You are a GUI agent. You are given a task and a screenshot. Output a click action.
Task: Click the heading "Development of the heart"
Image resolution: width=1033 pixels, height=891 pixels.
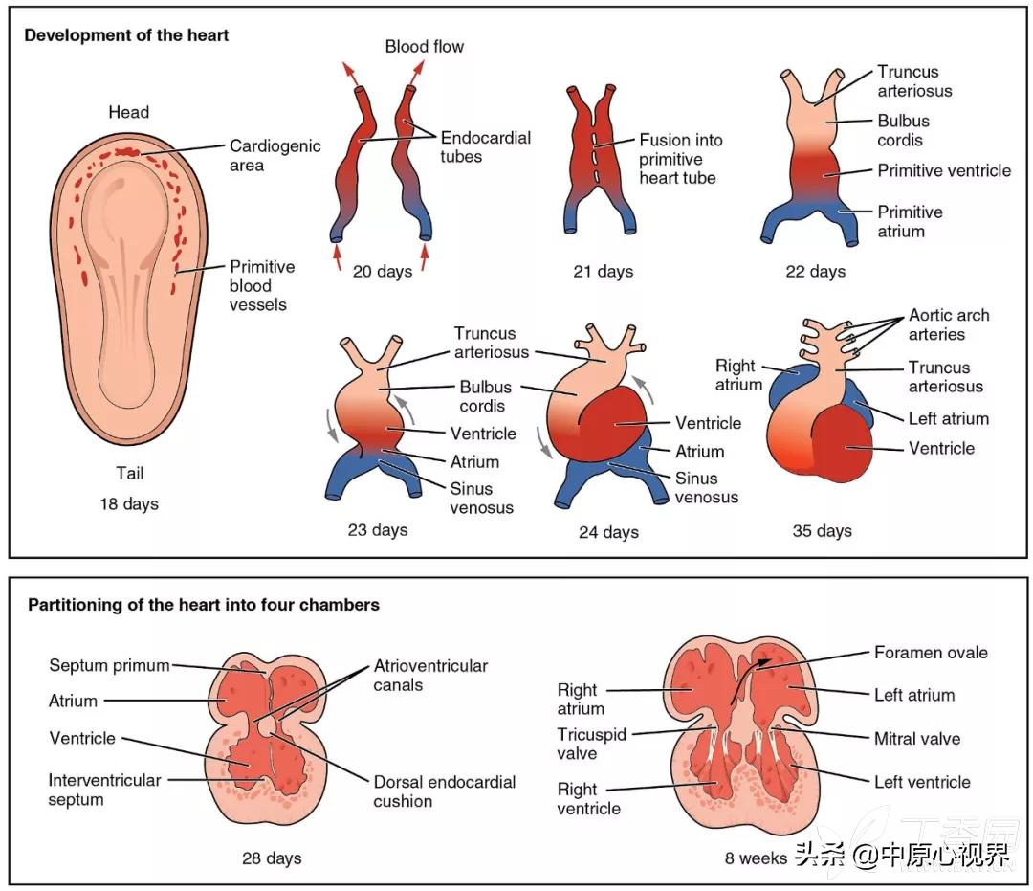[x=126, y=36]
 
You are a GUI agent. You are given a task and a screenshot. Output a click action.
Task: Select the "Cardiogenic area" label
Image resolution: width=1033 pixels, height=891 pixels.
[x=275, y=155]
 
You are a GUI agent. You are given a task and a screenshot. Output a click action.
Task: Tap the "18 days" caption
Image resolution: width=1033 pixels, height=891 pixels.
[x=128, y=503]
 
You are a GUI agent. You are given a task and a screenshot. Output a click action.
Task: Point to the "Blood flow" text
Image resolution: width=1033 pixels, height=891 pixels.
[x=424, y=46]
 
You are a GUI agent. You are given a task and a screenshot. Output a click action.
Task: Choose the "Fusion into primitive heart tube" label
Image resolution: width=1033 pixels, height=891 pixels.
[x=681, y=159]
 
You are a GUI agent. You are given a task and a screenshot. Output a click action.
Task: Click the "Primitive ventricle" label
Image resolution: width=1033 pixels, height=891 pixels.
[x=944, y=171]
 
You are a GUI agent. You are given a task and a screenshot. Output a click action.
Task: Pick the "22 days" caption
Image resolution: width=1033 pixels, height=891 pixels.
[x=815, y=272]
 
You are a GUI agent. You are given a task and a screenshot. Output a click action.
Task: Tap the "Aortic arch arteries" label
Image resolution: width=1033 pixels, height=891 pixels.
[x=949, y=324]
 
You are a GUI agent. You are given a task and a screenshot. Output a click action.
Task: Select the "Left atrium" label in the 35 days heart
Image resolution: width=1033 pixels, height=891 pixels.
[x=948, y=418]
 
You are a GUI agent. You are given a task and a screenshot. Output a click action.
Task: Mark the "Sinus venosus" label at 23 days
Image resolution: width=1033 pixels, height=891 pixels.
[x=482, y=498]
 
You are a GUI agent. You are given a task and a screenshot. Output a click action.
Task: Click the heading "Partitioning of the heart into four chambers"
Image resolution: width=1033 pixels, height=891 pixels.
[x=204, y=605]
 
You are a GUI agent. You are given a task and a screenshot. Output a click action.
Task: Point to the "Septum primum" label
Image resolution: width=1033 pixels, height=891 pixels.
[x=109, y=665]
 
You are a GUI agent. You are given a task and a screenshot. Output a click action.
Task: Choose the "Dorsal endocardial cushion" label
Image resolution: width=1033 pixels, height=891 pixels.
[x=444, y=791]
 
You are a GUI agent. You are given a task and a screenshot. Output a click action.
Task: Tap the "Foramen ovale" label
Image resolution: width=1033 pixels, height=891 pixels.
[x=931, y=653]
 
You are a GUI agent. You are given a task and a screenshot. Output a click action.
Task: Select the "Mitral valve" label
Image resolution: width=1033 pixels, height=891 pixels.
[x=916, y=739]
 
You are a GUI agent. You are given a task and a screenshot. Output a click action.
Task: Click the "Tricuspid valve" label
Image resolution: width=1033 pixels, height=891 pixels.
[x=590, y=744]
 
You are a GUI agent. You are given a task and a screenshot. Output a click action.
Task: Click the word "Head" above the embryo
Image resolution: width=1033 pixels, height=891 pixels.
[x=128, y=113]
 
